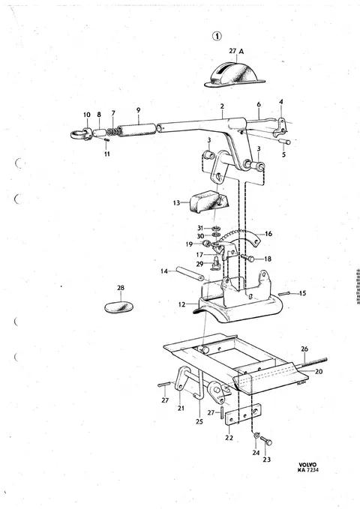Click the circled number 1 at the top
(217, 36)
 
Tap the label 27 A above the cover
(236, 51)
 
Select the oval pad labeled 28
(119, 307)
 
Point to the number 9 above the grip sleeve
(139, 109)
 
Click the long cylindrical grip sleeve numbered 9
(136, 128)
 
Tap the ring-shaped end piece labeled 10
(80, 133)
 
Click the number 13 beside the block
(176, 203)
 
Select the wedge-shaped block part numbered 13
(208, 201)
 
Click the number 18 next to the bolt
(268, 259)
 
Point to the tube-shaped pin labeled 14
(190, 274)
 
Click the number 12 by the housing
(181, 304)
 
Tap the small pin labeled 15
(283, 293)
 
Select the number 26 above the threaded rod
(304, 349)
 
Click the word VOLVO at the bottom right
(307, 465)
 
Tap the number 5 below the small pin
(283, 154)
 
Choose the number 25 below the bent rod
(199, 421)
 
